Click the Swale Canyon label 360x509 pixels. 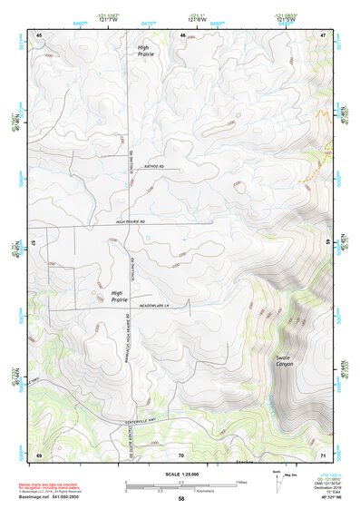(x=287, y=362)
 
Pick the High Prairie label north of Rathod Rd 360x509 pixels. (x=146, y=51)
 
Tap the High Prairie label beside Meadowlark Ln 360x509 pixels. (x=119, y=296)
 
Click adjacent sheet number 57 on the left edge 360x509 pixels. (x=34, y=244)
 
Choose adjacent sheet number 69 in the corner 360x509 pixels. (x=39, y=454)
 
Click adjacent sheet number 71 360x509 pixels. (x=323, y=454)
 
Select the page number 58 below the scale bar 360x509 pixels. (x=181, y=498)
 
